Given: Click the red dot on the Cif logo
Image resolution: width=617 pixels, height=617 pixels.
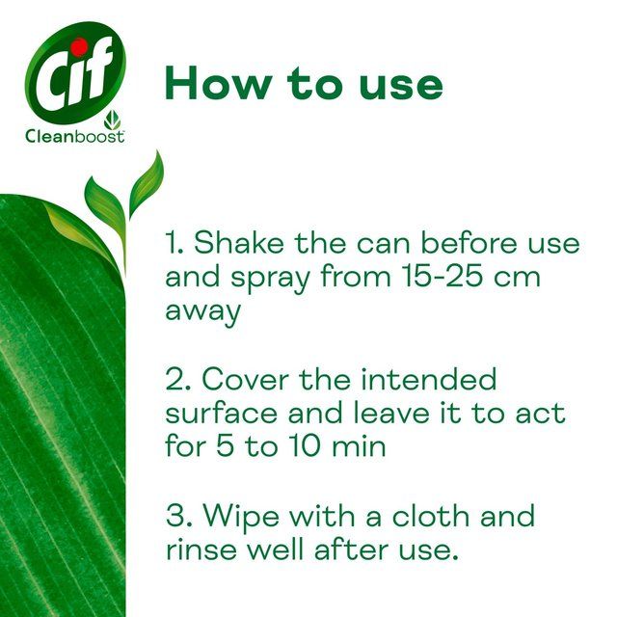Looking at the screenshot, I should tap(79, 45).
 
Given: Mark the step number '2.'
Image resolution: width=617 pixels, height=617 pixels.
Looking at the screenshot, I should tap(178, 378).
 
